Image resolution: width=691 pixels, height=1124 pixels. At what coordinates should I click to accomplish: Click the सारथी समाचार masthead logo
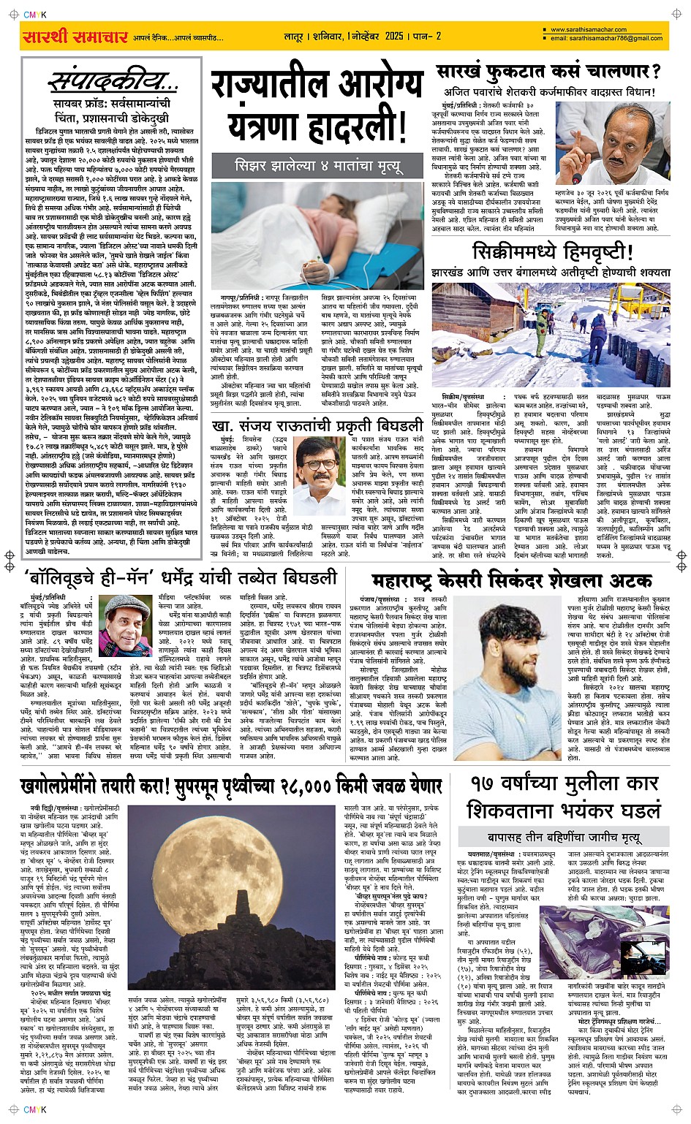point(75,37)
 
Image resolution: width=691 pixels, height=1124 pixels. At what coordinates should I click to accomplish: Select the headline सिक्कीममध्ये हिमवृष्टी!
point(552,253)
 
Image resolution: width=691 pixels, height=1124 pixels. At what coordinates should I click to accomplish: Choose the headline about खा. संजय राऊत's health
point(317,425)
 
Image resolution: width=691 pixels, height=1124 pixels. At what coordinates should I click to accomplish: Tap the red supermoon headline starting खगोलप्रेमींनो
point(231,786)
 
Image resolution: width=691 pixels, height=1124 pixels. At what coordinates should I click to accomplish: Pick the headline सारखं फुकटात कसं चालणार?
point(548,72)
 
